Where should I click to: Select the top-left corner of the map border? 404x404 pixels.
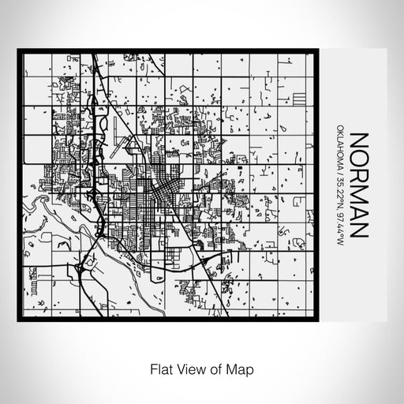19,52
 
